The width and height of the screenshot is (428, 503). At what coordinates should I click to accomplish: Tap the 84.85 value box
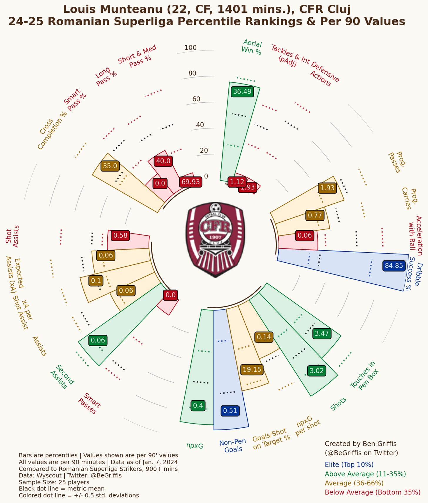tap(394, 266)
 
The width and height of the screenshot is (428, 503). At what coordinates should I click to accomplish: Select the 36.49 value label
tap(242, 91)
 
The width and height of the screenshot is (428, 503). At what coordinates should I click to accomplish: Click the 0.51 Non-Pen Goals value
tap(230, 410)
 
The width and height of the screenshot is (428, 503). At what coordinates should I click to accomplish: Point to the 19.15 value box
tap(252, 369)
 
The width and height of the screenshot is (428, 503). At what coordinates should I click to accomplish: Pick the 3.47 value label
tap(322, 333)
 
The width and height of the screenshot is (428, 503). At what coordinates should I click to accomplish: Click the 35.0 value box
tap(110, 166)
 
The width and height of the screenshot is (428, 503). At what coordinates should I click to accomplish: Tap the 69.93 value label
tap(190, 182)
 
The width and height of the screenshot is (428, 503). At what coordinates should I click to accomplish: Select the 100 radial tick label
tap(190, 48)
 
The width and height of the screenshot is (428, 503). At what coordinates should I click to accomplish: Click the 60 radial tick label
tap(196, 99)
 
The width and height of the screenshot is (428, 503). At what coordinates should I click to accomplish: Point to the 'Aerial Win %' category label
tap(252, 47)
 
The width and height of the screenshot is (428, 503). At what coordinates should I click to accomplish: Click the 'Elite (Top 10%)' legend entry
tap(349, 464)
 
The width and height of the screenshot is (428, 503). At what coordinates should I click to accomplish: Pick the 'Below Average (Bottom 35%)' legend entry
tap(372, 492)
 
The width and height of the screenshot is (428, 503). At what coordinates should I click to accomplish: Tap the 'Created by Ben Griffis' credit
tap(360, 444)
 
